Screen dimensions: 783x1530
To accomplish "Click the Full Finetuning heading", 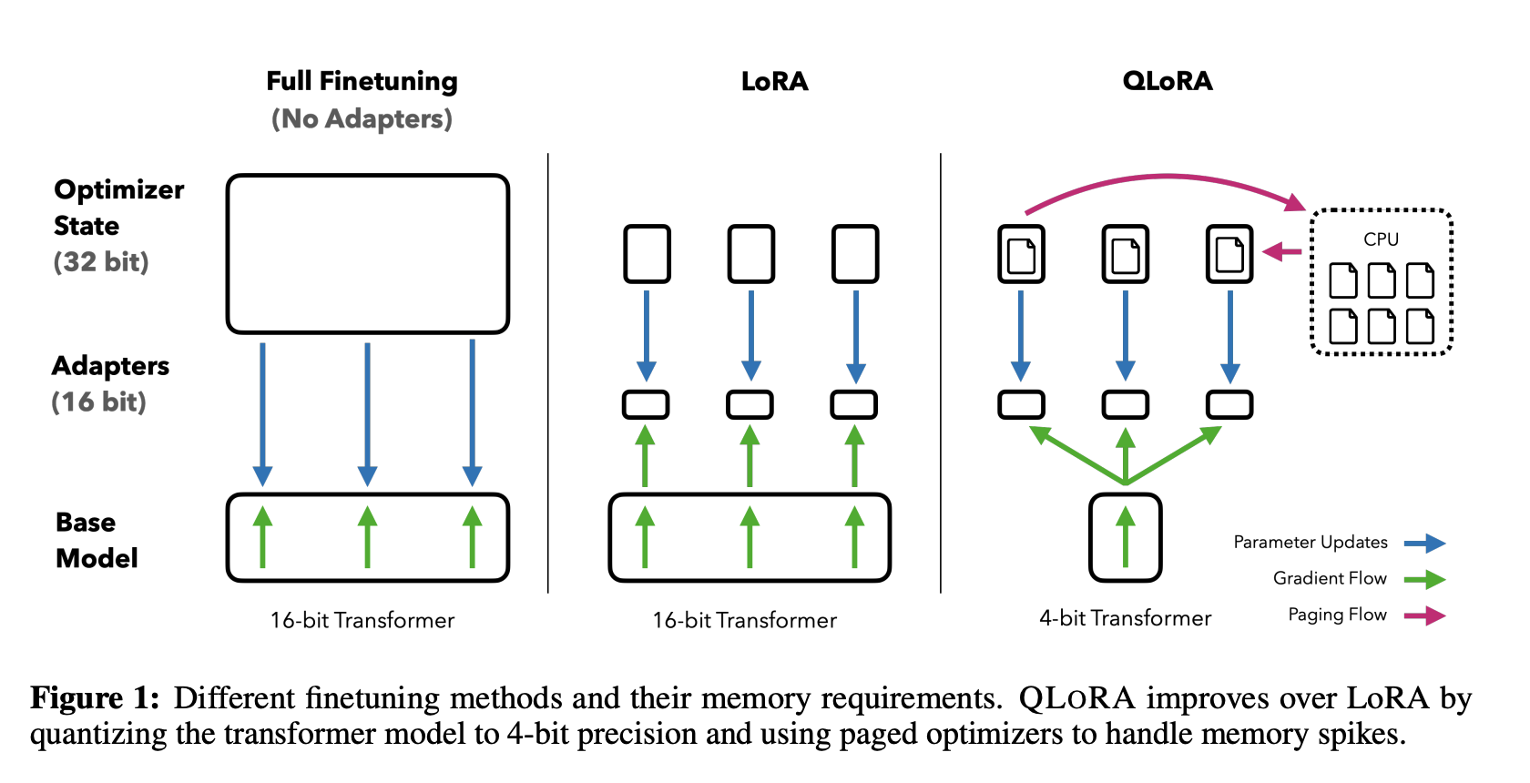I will pyautogui.click(x=362, y=81).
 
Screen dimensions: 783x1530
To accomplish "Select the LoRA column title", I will pyautogui.click(x=774, y=82).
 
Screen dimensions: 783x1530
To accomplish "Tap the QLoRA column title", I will pyautogui.click(x=1168, y=82).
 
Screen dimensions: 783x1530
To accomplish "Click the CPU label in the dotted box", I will pyautogui.click(x=1381, y=239).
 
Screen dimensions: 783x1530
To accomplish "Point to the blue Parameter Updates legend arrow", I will pyautogui.click(x=1424, y=544).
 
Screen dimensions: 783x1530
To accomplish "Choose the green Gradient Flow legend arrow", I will pyautogui.click(x=1424, y=579).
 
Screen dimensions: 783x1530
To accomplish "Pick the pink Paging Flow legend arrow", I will pyautogui.click(x=1424, y=615).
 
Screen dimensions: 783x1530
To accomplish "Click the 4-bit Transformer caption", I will pyautogui.click(x=1125, y=618).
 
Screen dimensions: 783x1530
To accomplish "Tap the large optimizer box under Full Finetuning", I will pyautogui.click(x=367, y=254).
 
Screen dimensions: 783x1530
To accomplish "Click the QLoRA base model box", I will pyautogui.click(x=1126, y=537).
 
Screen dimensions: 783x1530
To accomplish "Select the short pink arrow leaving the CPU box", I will pyautogui.click(x=1283, y=251).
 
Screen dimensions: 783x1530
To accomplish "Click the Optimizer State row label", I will pyautogui.click(x=118, y=208).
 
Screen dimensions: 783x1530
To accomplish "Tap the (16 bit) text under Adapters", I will pyautogui.click(x=98, y=402).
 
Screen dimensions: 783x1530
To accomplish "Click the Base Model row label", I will pyautogui.click(x=96, y=540).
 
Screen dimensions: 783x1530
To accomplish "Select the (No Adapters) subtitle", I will pyautogui.click(x=362, y=118).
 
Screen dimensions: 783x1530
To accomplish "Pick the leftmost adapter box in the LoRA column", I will pyautogui.click(x=646, y=404).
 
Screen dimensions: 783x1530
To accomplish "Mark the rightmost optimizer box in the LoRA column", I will pyautogui.click(x=855, y=254).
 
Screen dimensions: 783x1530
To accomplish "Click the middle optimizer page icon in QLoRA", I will pyautogui.click(x=1126, y=254).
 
